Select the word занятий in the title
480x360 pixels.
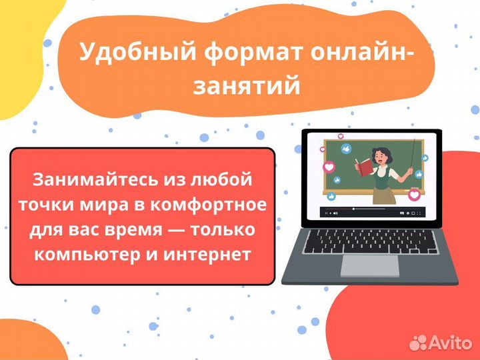click(x=247, y=87)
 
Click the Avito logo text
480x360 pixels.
click(x=450, y=343)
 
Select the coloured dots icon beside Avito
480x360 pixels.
click(x=418, y=342)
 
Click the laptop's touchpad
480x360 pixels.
click(x=369, y=265)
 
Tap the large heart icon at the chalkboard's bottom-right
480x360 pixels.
click(x=414, y=195)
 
